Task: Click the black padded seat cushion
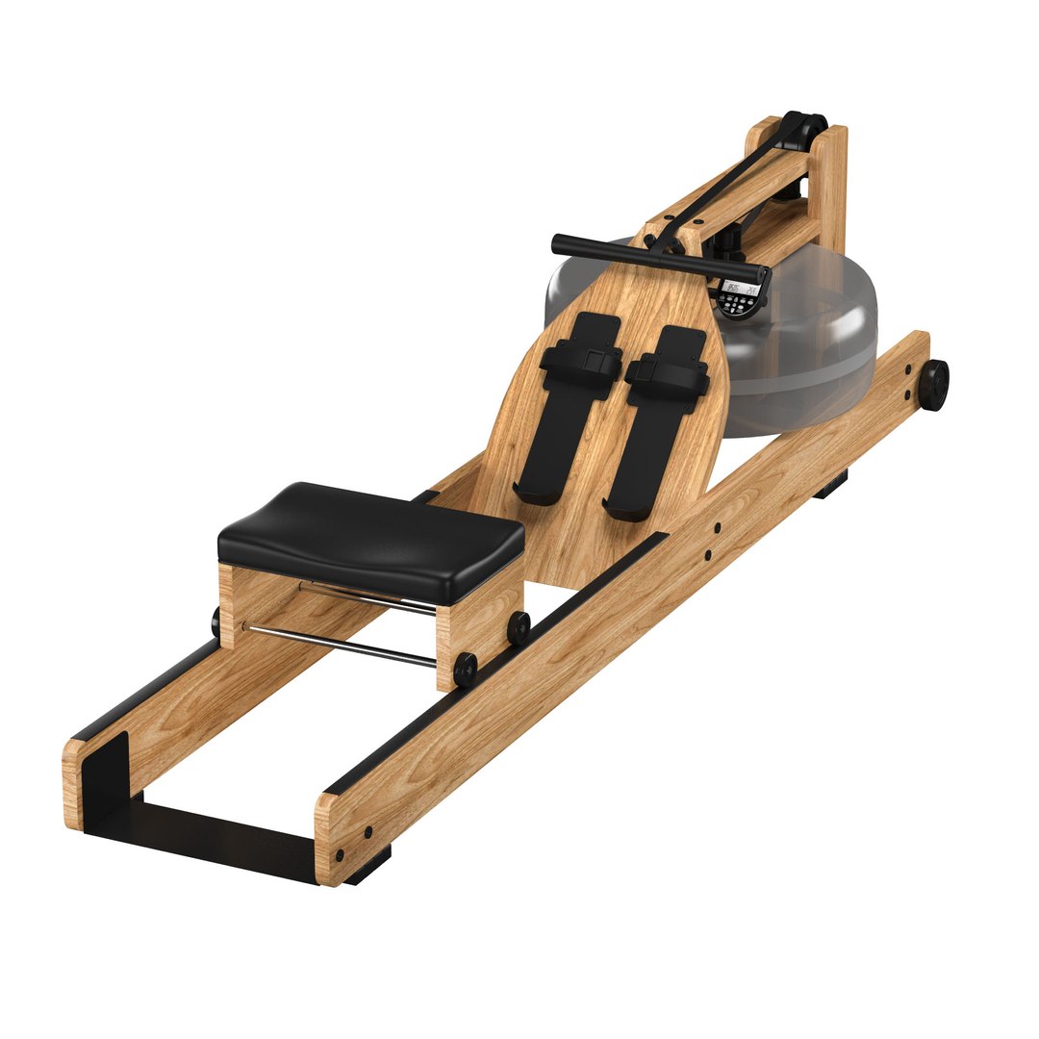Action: (x=370, y=534)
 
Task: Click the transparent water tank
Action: (x=808, y=346)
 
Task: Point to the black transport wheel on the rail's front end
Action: (x=932, y=384)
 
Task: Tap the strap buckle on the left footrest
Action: (x=596, y=362)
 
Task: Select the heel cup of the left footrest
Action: (x=535, y=493)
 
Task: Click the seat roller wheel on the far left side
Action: (x=216, y=621)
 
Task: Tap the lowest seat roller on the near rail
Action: (x=466, y=669)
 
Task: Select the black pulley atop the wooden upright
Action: (x=803, y=128)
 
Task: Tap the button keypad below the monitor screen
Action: (x=739, y=305)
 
